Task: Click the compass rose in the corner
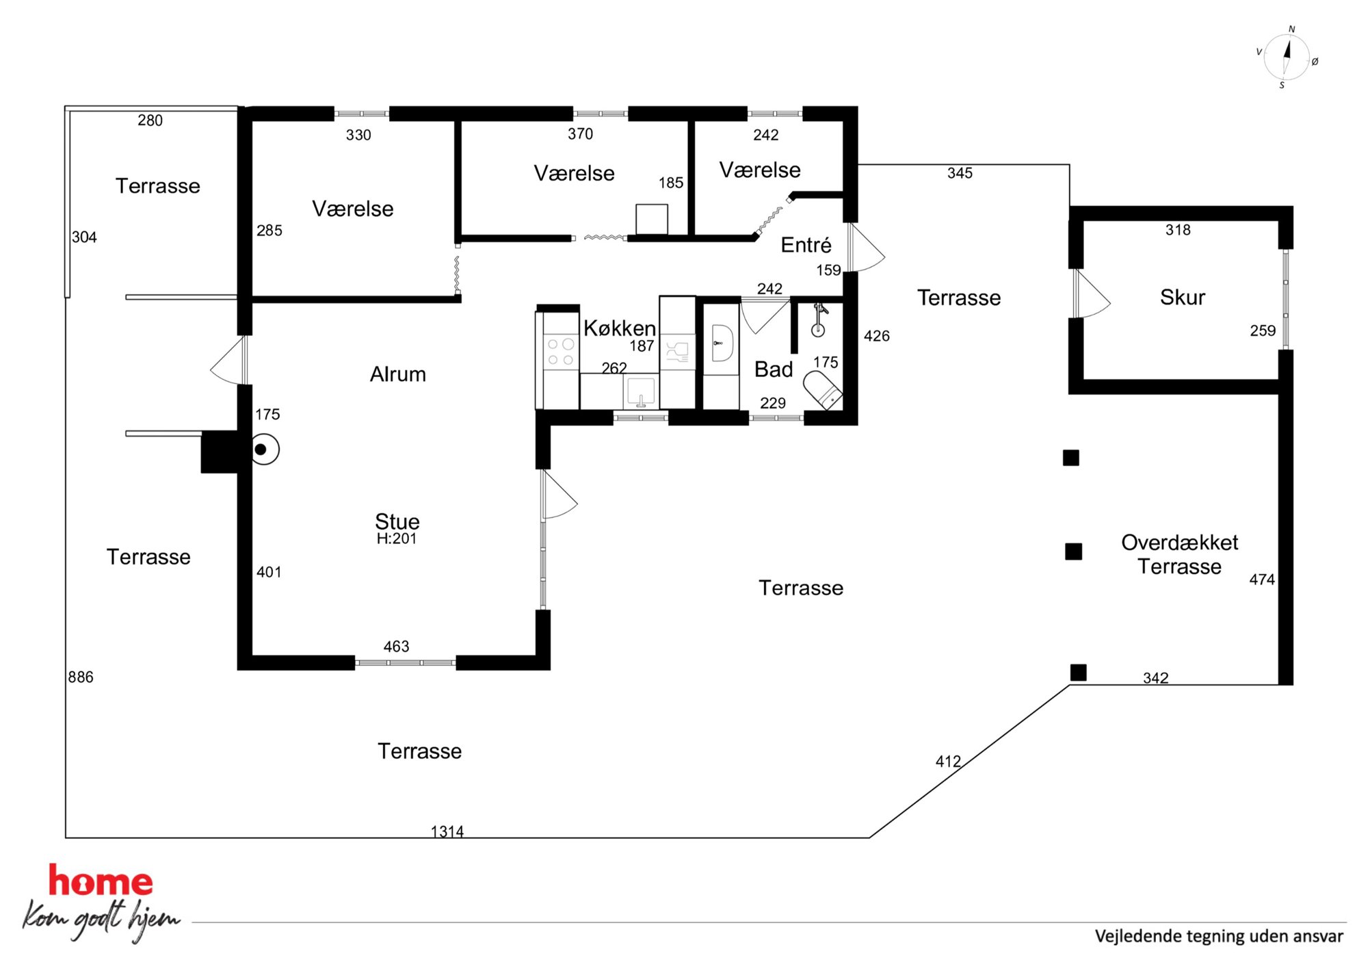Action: [1287, 58]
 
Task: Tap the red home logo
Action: [101, 881]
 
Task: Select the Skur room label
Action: [1182, 297]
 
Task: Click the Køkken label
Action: [620, 328]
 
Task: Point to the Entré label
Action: [806, 245]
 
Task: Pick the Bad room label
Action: [774, 369]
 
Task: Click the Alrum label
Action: [398, 374]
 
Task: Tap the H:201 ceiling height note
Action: [397, 539]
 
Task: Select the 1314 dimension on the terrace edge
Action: [447, 831]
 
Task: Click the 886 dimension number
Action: [81, 677]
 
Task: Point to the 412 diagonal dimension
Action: [948, 761]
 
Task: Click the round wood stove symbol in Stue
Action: [264, 450]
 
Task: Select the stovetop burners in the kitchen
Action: [561, 352]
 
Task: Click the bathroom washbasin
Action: [722, 343]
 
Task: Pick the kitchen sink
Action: [641, 392]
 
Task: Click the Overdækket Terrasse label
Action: [1179, 554]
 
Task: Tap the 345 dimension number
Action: [960, 173]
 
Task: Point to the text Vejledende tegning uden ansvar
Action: [1219, 936]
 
